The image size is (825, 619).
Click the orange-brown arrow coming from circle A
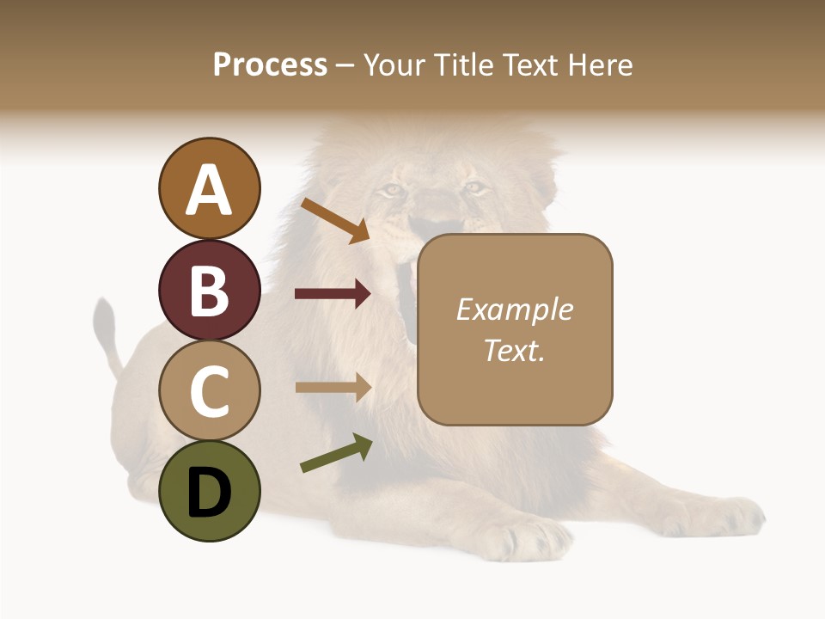click(x=335, y=220)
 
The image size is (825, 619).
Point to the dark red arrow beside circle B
click(x=333, y=294)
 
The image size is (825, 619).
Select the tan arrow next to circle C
click(x=333, y=387)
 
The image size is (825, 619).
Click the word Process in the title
click(x=270, y=64)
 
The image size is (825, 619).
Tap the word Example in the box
click(x=514, y=309)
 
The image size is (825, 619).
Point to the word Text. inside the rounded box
click(x=514, y=350)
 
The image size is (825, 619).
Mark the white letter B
click(x=209, y=290)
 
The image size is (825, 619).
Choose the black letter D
click(x=209, y=493)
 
